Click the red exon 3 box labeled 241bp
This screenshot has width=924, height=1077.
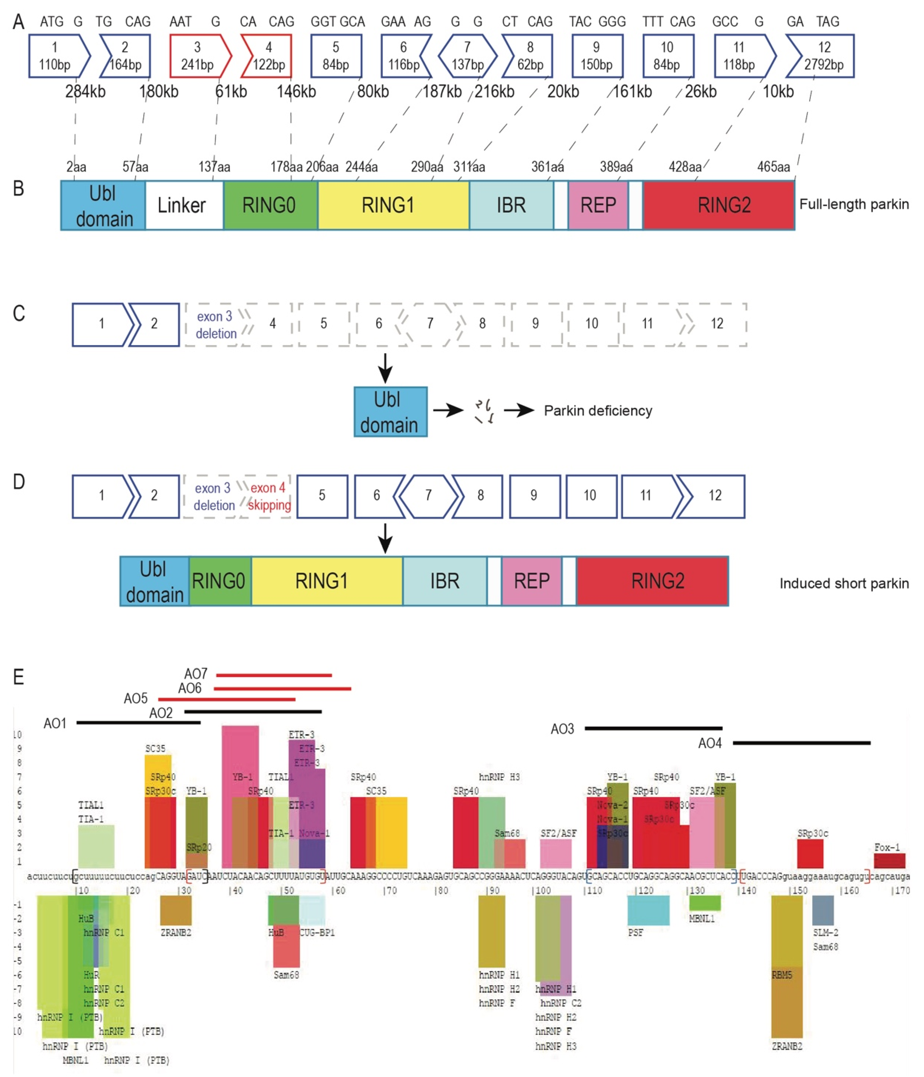tap(198, 56)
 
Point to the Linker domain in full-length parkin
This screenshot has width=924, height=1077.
tap(182, 205)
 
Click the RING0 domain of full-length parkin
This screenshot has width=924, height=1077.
tap(269, 205)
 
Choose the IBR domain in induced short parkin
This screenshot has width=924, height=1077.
tap(444, 581)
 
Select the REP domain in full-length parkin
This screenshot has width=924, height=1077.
tap(598, 205)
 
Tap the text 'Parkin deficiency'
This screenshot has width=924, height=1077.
tap(598, 411)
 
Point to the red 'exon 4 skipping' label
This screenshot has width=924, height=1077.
tap(268, 496)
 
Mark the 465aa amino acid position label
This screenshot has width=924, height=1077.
tap(773, 167)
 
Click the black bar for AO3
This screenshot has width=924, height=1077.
tap(653, 728)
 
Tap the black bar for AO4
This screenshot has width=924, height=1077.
tap(801, 743)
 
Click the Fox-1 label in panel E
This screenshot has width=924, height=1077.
tap(887, 847)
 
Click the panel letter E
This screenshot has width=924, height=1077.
tap(19, 677)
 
